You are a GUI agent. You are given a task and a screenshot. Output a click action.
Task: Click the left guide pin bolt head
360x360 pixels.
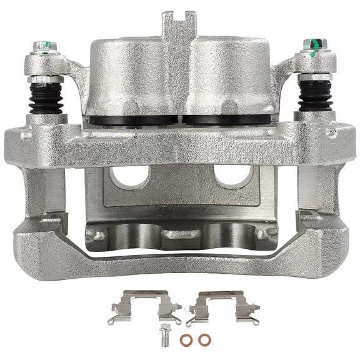click(43, 46)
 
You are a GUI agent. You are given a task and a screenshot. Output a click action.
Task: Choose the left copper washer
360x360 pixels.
click(186, 341)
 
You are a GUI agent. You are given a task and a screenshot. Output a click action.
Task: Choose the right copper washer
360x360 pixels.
click(204, 341)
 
